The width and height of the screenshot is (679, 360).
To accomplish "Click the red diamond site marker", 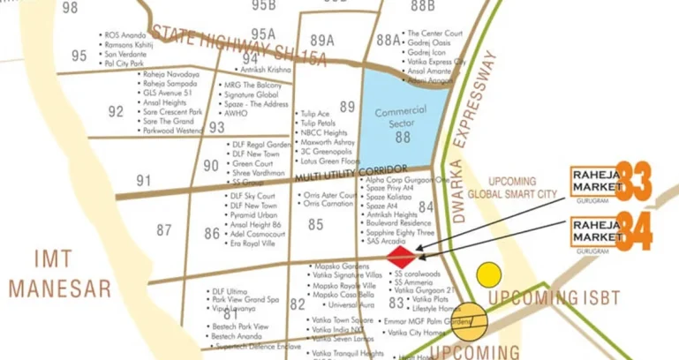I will pyautogui.click(x=403, y=256).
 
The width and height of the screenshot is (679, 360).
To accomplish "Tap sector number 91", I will pyautogui.click(x=144, y=181).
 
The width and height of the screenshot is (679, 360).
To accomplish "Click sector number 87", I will pyautogui.click(x=164, y=230).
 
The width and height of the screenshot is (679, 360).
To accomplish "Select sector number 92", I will pyautogui.click(x=116, y=112).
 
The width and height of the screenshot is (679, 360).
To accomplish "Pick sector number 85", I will pyautogui.click(x=315, y=224).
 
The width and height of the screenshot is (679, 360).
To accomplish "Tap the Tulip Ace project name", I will pyautogui.click(x=315, y=114).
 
